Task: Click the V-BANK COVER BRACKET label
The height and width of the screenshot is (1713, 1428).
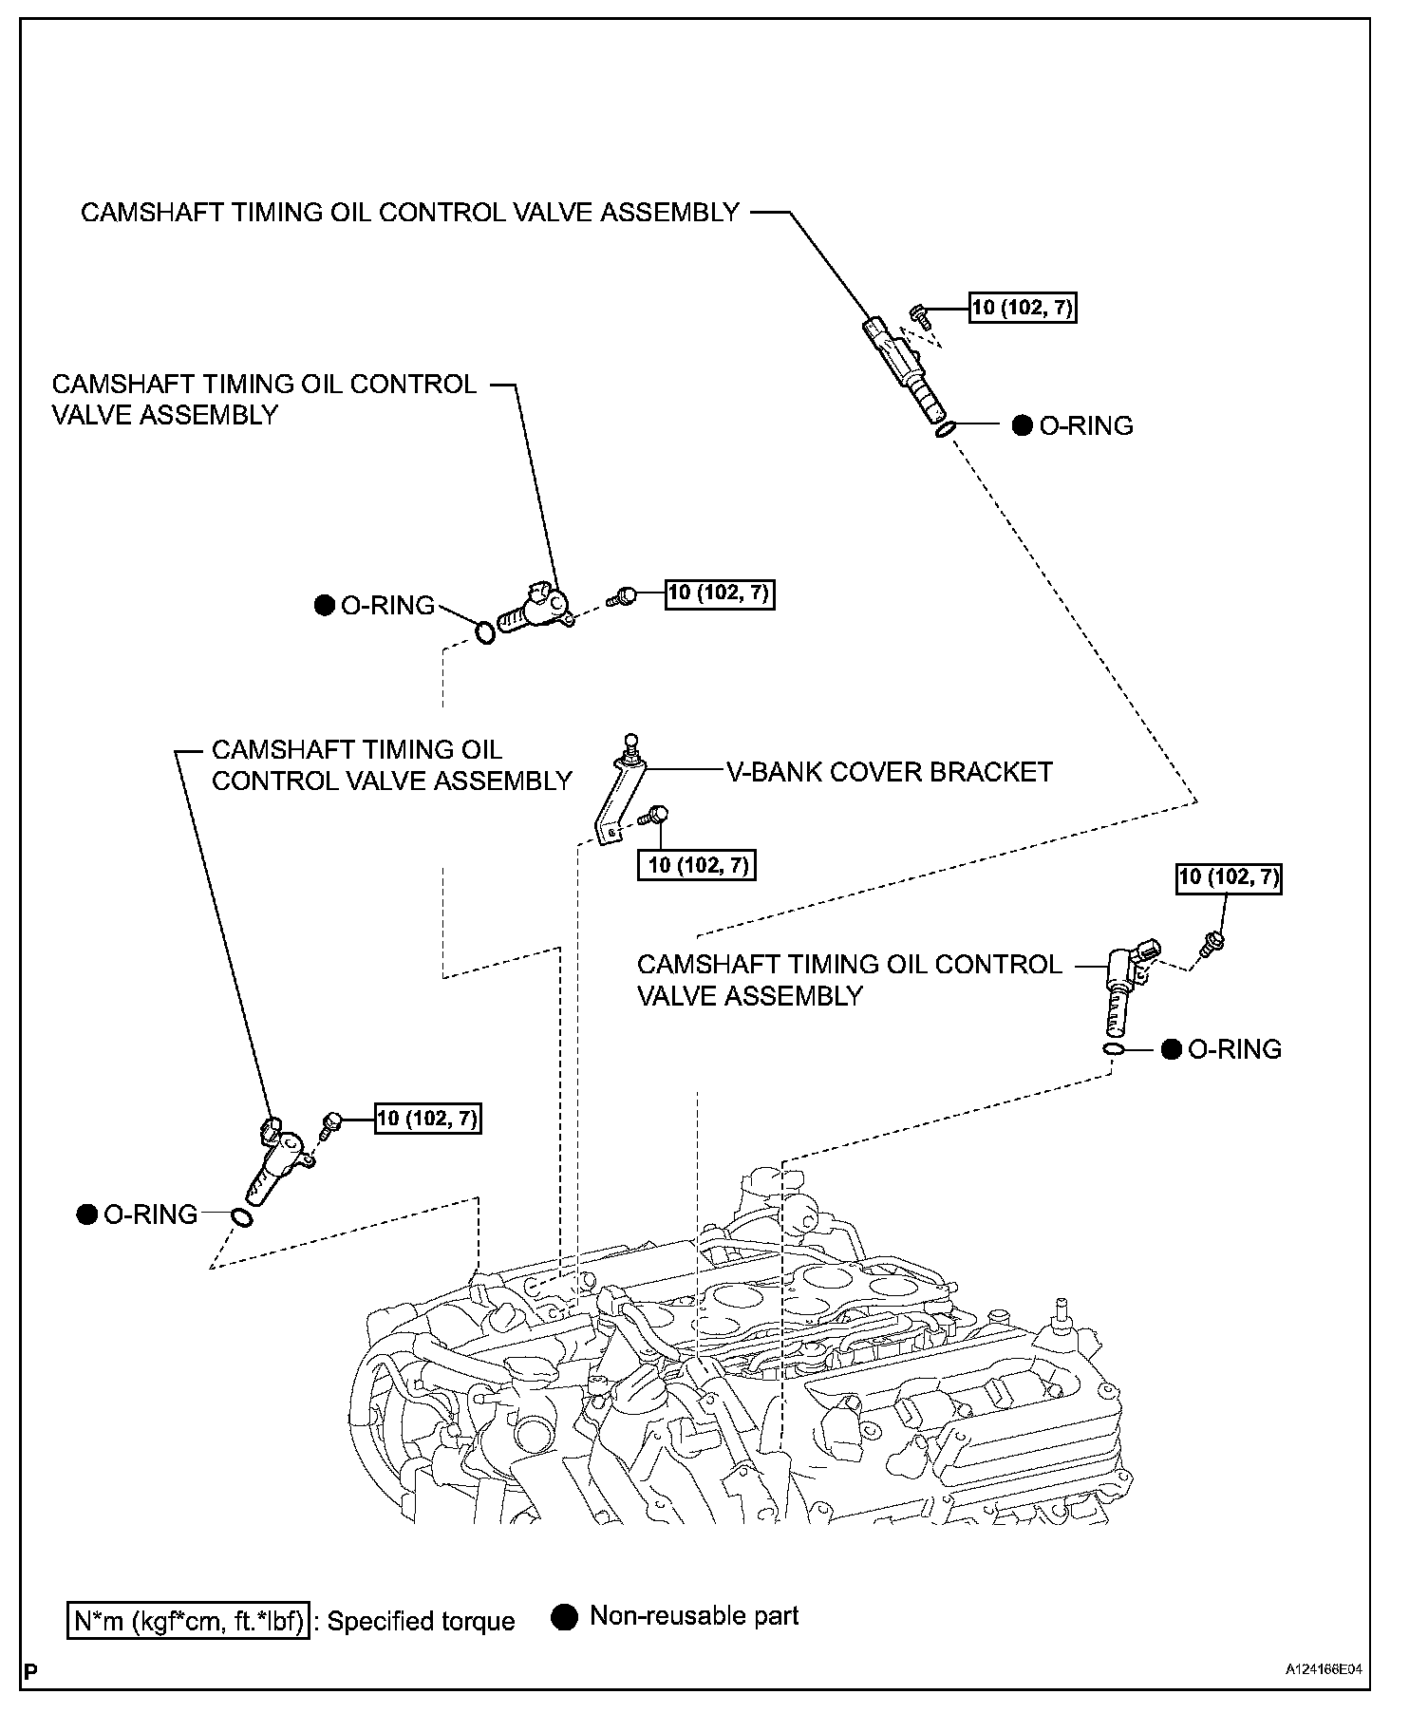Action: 889,772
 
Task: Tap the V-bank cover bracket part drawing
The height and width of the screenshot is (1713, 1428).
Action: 616,794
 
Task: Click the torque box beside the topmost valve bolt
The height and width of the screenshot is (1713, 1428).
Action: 1024,308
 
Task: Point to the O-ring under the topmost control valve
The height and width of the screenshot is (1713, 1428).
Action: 943,430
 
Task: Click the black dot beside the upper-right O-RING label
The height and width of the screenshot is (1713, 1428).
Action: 1022,425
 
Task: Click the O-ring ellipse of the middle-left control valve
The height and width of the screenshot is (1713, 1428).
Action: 484,631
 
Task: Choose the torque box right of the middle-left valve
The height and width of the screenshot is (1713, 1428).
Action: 720,593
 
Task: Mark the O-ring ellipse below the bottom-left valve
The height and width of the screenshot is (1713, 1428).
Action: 242,1217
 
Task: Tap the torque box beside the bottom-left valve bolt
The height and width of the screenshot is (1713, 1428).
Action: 427,1119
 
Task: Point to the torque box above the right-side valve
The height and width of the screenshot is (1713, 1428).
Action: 1229,878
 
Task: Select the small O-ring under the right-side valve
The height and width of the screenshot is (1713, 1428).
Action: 1115,1048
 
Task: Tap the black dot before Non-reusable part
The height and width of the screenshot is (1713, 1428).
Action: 565,1617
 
